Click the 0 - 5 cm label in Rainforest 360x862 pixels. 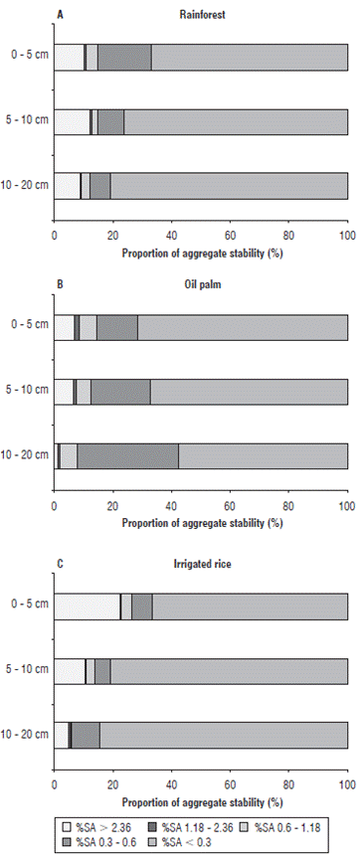tap(25, 58)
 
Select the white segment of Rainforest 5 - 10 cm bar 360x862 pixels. tap(72, 121)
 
